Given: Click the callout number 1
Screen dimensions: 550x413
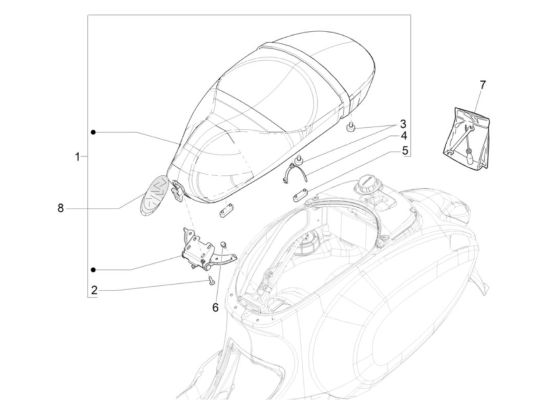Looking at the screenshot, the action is [x=77, y=157].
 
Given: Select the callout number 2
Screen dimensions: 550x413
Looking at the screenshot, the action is [x=94, y=291].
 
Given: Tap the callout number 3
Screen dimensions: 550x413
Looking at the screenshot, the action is [x=403, y=124].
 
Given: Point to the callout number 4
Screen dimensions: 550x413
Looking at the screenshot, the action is [x=403, y=136].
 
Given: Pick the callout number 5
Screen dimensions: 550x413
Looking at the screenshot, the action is [x=405, y=150].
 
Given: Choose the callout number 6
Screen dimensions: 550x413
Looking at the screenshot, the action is [x=215, y=307].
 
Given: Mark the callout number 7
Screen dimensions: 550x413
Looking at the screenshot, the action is [x=482, y=84].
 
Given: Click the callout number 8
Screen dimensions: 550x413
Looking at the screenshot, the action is [x=60, y=208].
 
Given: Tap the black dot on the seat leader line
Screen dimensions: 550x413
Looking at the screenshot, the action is [x=93, y=132].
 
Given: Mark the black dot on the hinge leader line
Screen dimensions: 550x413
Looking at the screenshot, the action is [x=93, y=269].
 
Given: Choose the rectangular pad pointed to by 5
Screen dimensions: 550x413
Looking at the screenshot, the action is [x=301, y=195].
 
